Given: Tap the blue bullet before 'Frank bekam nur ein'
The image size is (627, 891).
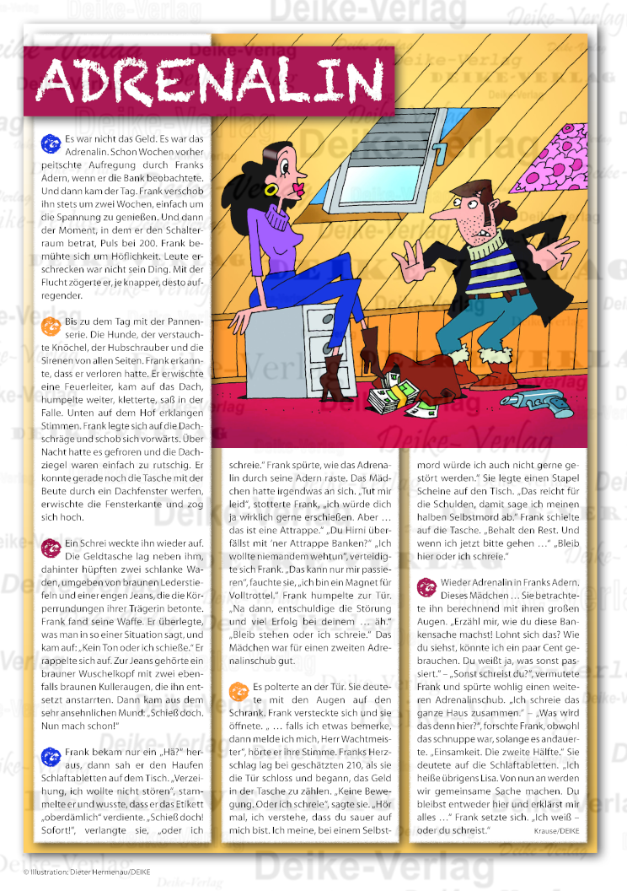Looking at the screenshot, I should coord(51,756).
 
